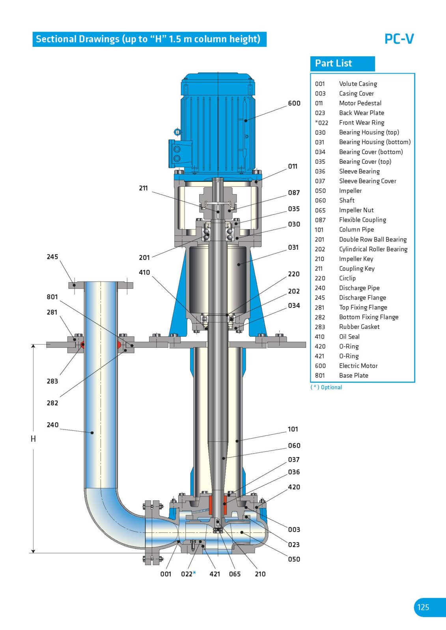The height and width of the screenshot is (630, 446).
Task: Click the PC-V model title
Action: [x=399, y=39]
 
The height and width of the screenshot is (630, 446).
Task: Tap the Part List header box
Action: [x=342, y=63]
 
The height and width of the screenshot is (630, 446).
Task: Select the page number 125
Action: [x=423, y=607]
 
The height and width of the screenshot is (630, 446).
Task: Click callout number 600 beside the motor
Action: [x=294, y=103]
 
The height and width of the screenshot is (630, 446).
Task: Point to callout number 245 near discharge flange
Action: [x=52, y=257]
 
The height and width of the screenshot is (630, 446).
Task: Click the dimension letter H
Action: [x=33, y=439]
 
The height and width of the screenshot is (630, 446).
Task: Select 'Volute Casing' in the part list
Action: [x=358, y=84]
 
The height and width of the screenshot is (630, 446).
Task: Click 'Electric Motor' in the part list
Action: [x=358, y=366]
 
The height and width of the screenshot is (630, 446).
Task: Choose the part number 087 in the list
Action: [x=320, y=220]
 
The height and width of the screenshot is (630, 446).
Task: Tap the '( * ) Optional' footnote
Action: [x=326, y=387]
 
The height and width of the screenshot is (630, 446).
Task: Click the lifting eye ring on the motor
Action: [x=177, y=132]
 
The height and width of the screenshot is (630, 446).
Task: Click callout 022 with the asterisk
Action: [x=188, y=574]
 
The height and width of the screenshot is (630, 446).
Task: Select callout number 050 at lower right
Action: [x=294, y=559]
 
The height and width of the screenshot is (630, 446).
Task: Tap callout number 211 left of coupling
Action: [x=143, y=188]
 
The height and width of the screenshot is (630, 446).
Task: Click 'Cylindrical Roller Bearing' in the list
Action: [x=373, y=249]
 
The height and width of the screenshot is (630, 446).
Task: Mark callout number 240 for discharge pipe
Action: [x=52, y=425]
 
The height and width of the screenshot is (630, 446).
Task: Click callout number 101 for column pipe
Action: [x=293, y=429]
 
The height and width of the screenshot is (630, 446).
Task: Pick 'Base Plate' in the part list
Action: [x=353, y=376]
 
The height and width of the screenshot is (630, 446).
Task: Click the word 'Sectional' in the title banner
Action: [x=56, y=39]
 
